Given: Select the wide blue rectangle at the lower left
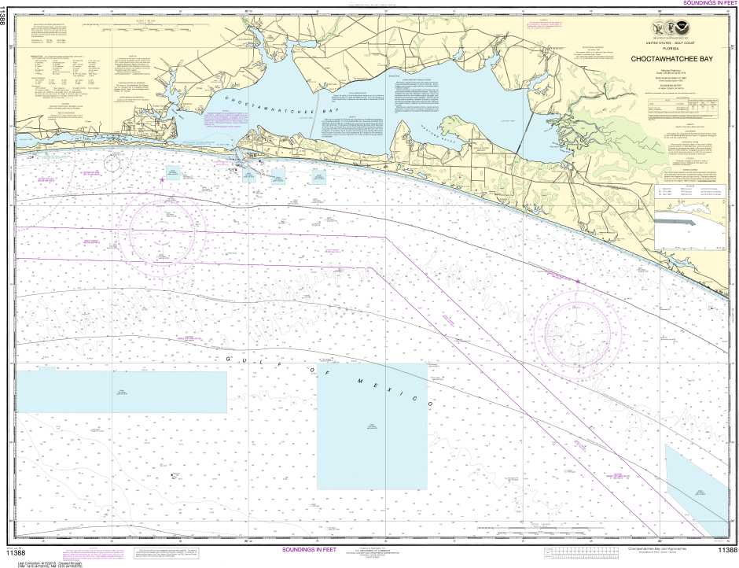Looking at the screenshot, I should (122, 390).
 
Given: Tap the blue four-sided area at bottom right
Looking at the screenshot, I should (696, 481).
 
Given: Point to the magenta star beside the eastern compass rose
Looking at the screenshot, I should (578, 281).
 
